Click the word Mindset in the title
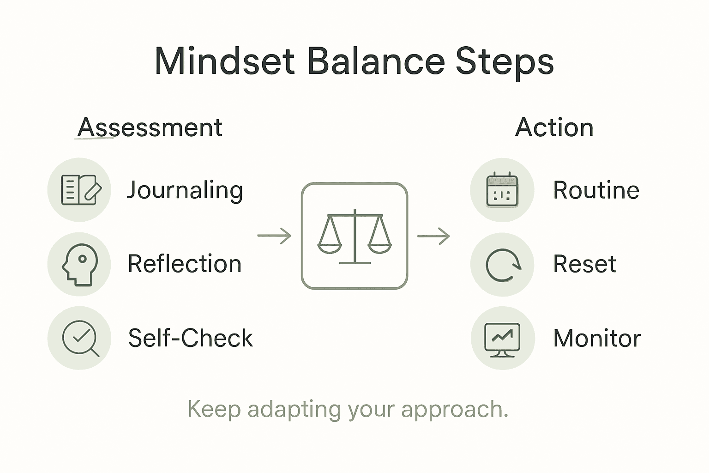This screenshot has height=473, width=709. (224, 61)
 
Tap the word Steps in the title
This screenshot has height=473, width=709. (505, 61)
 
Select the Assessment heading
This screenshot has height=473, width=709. (150, 127)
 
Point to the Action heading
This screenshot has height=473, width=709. (554, 127)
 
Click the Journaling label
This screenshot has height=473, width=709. (185, 190)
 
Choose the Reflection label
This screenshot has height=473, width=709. (185, 264)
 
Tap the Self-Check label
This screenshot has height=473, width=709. (190, 338)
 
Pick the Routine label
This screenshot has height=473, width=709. (596, 190)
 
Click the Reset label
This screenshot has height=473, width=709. (584, 264)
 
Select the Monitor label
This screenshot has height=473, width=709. (597, 338)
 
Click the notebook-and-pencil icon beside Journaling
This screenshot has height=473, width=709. (79, 190)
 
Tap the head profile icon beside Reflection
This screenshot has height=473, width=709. (79, 264)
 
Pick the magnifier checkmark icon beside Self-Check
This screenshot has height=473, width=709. (80, 338)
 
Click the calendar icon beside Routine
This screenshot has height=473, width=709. (502, 190)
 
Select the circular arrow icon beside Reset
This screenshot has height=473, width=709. (503, 265)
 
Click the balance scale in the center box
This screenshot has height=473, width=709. (354, 236)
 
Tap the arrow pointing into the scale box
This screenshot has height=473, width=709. (275, 236)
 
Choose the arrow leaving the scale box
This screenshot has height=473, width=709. (433, 236)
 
